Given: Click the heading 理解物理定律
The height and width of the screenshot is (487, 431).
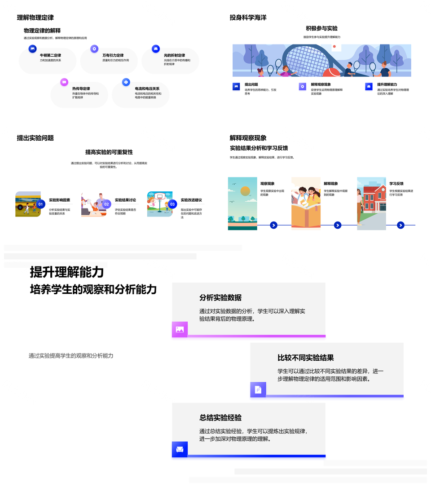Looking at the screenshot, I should [x=35, y=18].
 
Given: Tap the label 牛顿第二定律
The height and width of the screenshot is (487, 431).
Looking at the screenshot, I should [x=50, y=55].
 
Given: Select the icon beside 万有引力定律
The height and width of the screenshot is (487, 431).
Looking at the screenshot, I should [x=94, y=49].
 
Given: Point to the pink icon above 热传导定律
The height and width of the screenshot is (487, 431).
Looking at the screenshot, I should [x=64, y=82].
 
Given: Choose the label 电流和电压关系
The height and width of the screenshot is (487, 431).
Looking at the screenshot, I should [x=147, y=89].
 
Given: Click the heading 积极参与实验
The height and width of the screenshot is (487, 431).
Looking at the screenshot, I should [x=321, y=28].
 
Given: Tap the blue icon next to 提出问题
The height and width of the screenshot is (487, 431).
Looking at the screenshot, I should [x=236, y=87].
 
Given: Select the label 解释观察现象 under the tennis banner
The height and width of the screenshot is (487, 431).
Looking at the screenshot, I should [x=321, y=84].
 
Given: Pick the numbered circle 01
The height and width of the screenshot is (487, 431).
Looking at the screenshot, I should [x=40, y=204].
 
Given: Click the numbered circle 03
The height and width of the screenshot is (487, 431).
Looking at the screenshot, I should [x=172, y=204].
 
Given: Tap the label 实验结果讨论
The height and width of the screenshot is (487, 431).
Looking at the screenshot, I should [x=125, y=200].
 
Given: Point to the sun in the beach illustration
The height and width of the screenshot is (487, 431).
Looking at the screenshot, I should [x=245, y=191].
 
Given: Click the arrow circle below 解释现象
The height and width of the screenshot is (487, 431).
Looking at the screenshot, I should [x=338, y=225].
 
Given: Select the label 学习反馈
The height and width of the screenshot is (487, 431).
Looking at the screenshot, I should [x=396, y=184].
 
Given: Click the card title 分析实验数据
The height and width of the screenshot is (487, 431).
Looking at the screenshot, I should [x=220, y=297].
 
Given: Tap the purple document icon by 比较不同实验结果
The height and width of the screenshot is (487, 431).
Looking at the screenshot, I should [x=258, y=390].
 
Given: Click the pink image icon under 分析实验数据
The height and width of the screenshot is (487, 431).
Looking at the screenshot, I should [x=180, y=329].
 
